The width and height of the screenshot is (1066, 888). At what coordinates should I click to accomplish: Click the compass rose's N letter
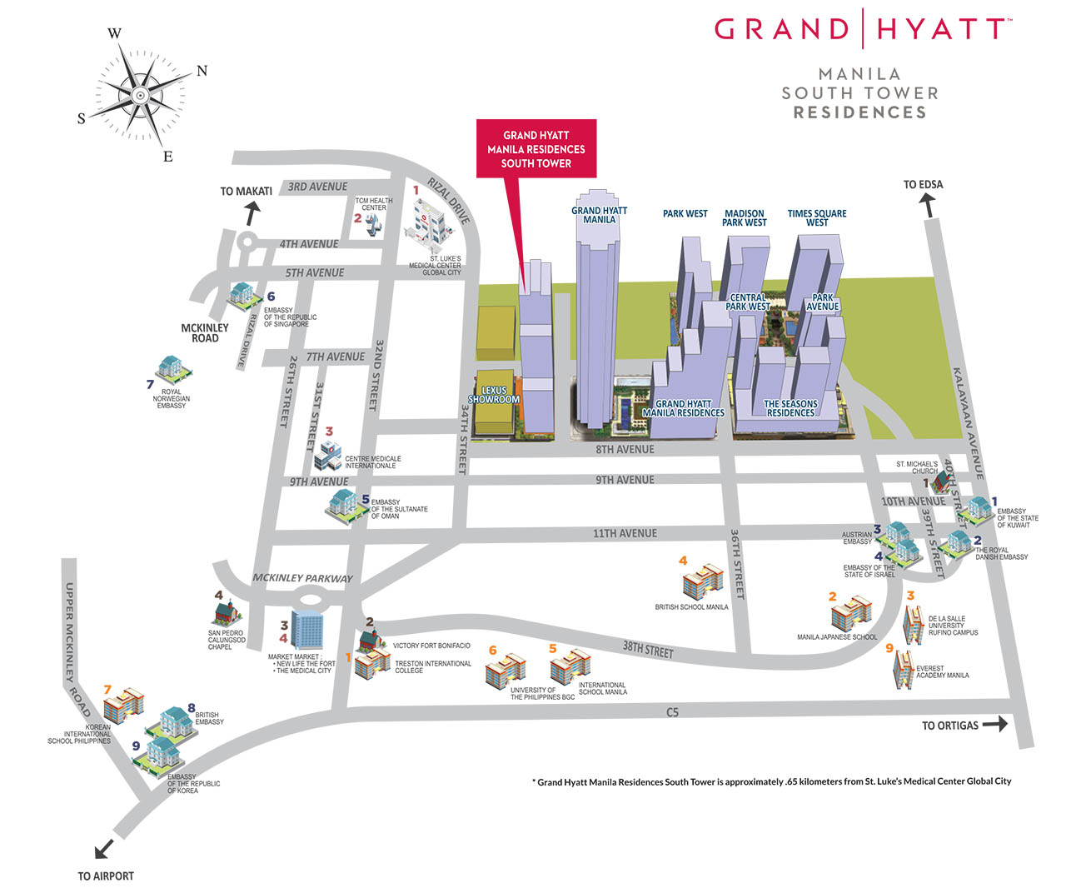click(202, 71)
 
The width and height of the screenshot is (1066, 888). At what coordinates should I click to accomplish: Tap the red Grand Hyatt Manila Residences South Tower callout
click(536, 149)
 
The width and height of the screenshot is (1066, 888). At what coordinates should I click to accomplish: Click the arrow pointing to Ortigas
click(995, 725)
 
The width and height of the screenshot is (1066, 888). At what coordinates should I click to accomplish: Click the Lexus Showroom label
click(494, 395)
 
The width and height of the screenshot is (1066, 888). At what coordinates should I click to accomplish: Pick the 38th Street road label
click(648, 649)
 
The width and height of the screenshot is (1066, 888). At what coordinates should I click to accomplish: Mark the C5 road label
click(672, 712)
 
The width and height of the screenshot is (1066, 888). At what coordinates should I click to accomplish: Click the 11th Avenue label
click(625, 533)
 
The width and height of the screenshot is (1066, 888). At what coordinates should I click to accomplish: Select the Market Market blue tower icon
click(307, 630)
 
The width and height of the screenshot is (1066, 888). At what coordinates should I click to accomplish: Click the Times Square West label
click(817, 218)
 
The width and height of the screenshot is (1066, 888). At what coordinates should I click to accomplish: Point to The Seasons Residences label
click(790, 408)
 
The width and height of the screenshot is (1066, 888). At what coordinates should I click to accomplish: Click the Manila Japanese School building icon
click(851, 613)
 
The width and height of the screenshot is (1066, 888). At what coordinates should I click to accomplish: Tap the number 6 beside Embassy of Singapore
click(271, 297)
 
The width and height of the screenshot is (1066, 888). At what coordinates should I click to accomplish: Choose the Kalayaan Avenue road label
click(969, 423)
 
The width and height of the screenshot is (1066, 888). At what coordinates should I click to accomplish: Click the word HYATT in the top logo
click(939, 29)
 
